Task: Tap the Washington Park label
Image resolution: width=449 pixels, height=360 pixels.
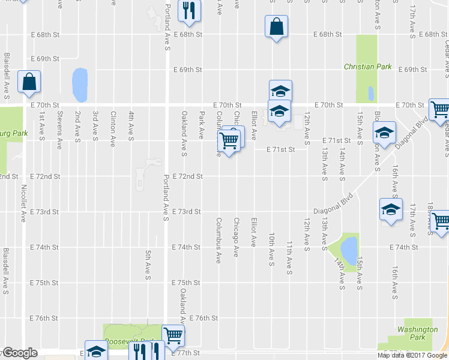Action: [417, 334]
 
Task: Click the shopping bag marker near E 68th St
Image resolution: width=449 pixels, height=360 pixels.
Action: [276, 27]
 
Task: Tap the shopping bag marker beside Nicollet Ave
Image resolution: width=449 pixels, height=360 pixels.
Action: [29, 82]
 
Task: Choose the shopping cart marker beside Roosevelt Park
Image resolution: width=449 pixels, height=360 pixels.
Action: [173, 335]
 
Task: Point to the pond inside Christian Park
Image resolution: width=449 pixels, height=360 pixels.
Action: [370, 93]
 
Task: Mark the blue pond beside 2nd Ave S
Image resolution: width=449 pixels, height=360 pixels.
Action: [79, 85]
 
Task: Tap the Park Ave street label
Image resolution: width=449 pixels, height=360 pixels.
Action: [202, 125]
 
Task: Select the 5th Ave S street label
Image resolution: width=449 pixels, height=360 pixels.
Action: [147, 265]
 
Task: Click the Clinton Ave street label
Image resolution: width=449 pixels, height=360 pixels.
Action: [112, 129]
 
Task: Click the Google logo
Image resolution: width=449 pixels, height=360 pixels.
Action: [19, 353]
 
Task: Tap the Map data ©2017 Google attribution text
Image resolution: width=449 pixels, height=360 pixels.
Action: [412, 355]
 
